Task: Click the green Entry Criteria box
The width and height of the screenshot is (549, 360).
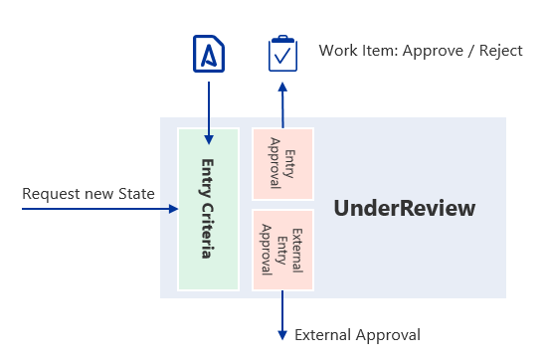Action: [x=208, y=209]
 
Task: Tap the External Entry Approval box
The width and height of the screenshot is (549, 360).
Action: [x=282, y=249]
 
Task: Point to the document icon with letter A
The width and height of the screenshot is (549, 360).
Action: [x=208, y=55]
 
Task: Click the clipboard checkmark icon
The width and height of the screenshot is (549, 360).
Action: [x=283, y=54]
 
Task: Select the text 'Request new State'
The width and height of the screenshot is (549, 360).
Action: [x=89, y=193]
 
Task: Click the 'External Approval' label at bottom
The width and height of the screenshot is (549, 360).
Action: [x=357, y=335]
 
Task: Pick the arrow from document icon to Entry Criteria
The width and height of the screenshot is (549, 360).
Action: [x=208, y=109]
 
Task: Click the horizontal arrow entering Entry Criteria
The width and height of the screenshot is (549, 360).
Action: [x=99, y=210]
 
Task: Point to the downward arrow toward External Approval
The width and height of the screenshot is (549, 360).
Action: [x=283, y=313]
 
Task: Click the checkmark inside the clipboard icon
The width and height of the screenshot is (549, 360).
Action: [x=283, y=57]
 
